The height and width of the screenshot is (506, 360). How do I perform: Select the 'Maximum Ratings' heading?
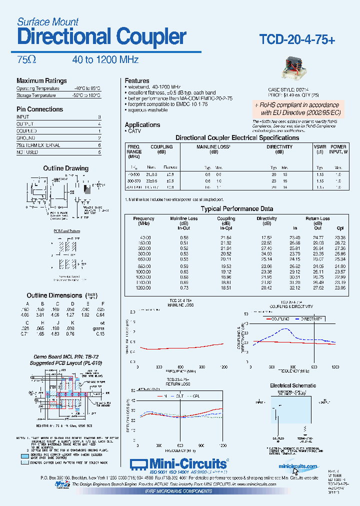click(x=41, y=81)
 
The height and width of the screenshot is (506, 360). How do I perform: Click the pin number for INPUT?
click(x=99, y=116)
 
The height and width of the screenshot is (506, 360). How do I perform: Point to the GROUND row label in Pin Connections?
click(x=26, y=138)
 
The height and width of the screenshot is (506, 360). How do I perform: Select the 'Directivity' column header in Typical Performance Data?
click(x=266, y=218)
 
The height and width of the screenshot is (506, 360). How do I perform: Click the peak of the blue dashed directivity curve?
click(x=286, y=329)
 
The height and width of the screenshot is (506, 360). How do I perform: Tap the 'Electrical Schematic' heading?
click(x=293, y=385)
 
